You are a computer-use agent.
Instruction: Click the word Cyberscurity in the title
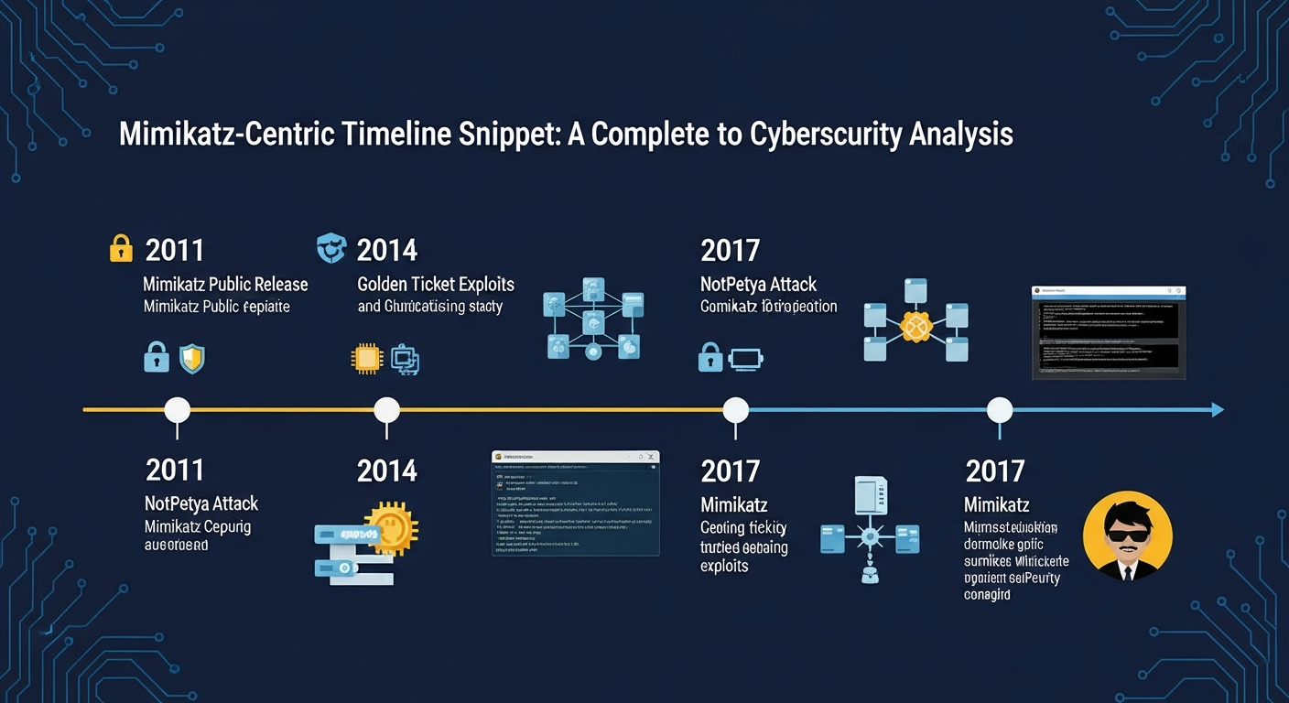point(828,135)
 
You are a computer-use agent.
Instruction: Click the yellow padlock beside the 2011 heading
point(121,248)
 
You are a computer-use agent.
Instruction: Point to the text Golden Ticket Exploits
point(435,285)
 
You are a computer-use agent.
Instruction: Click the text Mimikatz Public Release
point(225,285)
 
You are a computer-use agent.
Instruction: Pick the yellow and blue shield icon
point(191,358)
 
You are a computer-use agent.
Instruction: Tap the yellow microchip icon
point(365,359)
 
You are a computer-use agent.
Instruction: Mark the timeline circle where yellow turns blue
point(735,410)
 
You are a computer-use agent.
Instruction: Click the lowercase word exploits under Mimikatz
point(724,567)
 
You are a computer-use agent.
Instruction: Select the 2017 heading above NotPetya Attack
point(730,250)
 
